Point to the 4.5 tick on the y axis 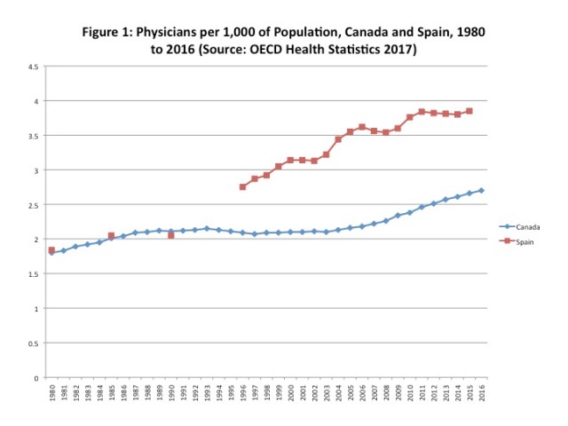[31, 67]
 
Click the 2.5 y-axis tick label [31, 205]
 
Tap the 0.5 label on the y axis [31, 343]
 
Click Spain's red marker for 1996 [242, 186]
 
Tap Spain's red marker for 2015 [469, 111]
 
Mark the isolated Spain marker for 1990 [171, 235]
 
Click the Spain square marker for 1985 [111, 236]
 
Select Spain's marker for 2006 [362, 127]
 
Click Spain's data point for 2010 [410, 117]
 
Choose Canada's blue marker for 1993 [207, 228]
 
